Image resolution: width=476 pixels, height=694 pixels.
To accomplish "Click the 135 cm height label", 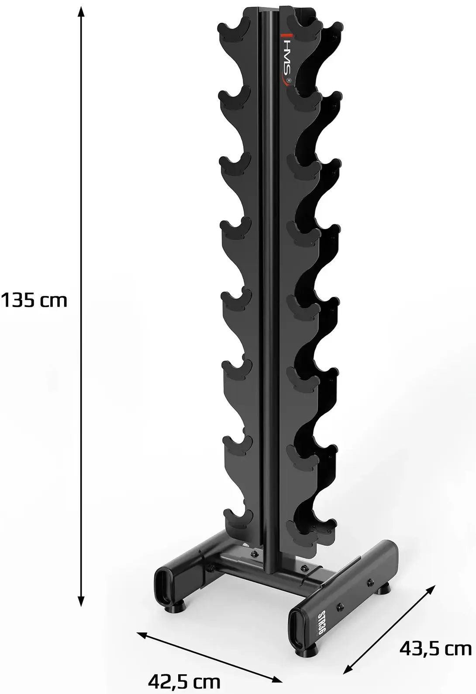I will (x=34, y=300).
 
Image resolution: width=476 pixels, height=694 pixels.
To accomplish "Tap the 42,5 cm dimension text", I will (x=184, y=681).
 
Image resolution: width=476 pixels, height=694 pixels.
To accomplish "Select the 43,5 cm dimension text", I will (x=435, y=648).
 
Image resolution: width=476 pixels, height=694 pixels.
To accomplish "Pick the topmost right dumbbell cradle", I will (x=304, y=24).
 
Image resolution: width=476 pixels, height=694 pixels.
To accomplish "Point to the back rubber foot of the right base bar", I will (x=384, y=589).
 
